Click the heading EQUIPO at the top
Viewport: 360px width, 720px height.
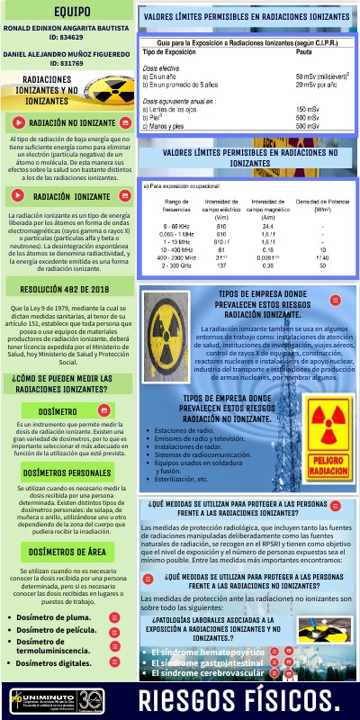click(x=69, y=13)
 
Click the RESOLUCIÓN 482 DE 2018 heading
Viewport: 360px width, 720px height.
click(x=68, y=291)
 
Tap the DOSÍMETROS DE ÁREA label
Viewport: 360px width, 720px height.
click(x=69, y=553)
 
